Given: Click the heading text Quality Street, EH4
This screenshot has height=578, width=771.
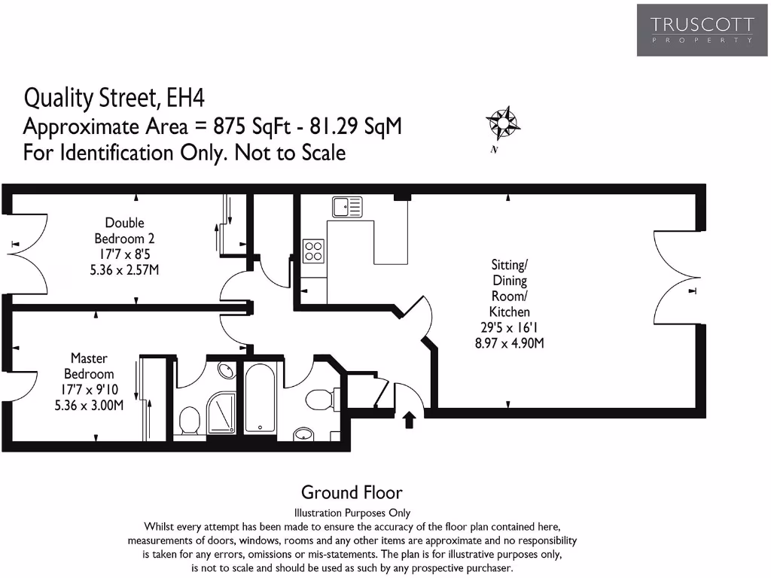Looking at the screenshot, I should pos(114,98).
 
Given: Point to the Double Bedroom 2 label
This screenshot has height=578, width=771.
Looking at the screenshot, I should pos(124,230).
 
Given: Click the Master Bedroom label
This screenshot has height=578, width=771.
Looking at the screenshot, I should pos(89,366).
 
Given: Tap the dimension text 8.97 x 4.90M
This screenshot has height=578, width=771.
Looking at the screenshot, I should pos(510,343).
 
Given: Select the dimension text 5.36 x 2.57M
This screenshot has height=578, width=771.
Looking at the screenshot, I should pos(124,270).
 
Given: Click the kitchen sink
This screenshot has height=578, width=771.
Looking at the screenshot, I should pos(346,206).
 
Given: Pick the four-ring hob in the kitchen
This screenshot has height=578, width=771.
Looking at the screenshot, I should pos(314,251).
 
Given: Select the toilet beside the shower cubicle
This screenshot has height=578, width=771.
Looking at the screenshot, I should pos(189,421).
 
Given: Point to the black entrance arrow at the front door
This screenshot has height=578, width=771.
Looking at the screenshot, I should pos(409,419).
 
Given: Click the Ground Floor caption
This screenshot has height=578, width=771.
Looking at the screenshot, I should pos(352,493).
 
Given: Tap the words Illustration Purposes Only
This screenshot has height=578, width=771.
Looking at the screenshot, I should pos(352,513).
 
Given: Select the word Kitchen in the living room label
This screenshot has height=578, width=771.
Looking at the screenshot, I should pos(510,312).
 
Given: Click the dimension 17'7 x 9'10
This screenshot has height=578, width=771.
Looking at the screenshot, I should pos(89,390).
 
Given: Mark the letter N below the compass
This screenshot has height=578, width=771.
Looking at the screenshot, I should pos(495,150).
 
